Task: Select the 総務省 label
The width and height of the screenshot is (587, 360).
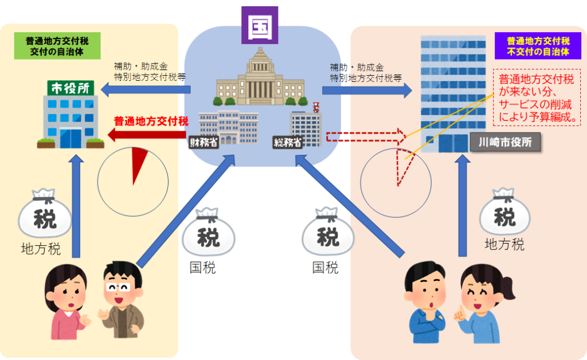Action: (288, 143)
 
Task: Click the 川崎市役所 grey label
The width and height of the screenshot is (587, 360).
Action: (505, 142)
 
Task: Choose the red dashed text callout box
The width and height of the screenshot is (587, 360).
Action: (537, 98)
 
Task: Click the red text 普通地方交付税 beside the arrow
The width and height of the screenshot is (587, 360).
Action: (151, 121)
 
